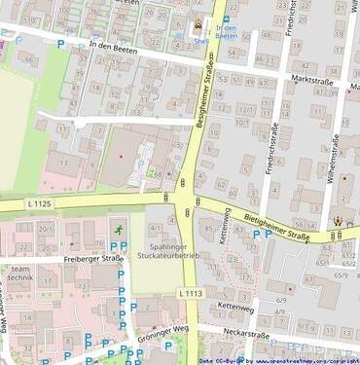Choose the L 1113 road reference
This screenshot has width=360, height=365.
pos(192,292)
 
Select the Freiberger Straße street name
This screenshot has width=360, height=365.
pos(91,260)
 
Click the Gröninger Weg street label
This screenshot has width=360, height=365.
pos(164,329)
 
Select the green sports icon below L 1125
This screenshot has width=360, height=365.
pos(119,229)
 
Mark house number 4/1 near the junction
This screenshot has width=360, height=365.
pos(156,228)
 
